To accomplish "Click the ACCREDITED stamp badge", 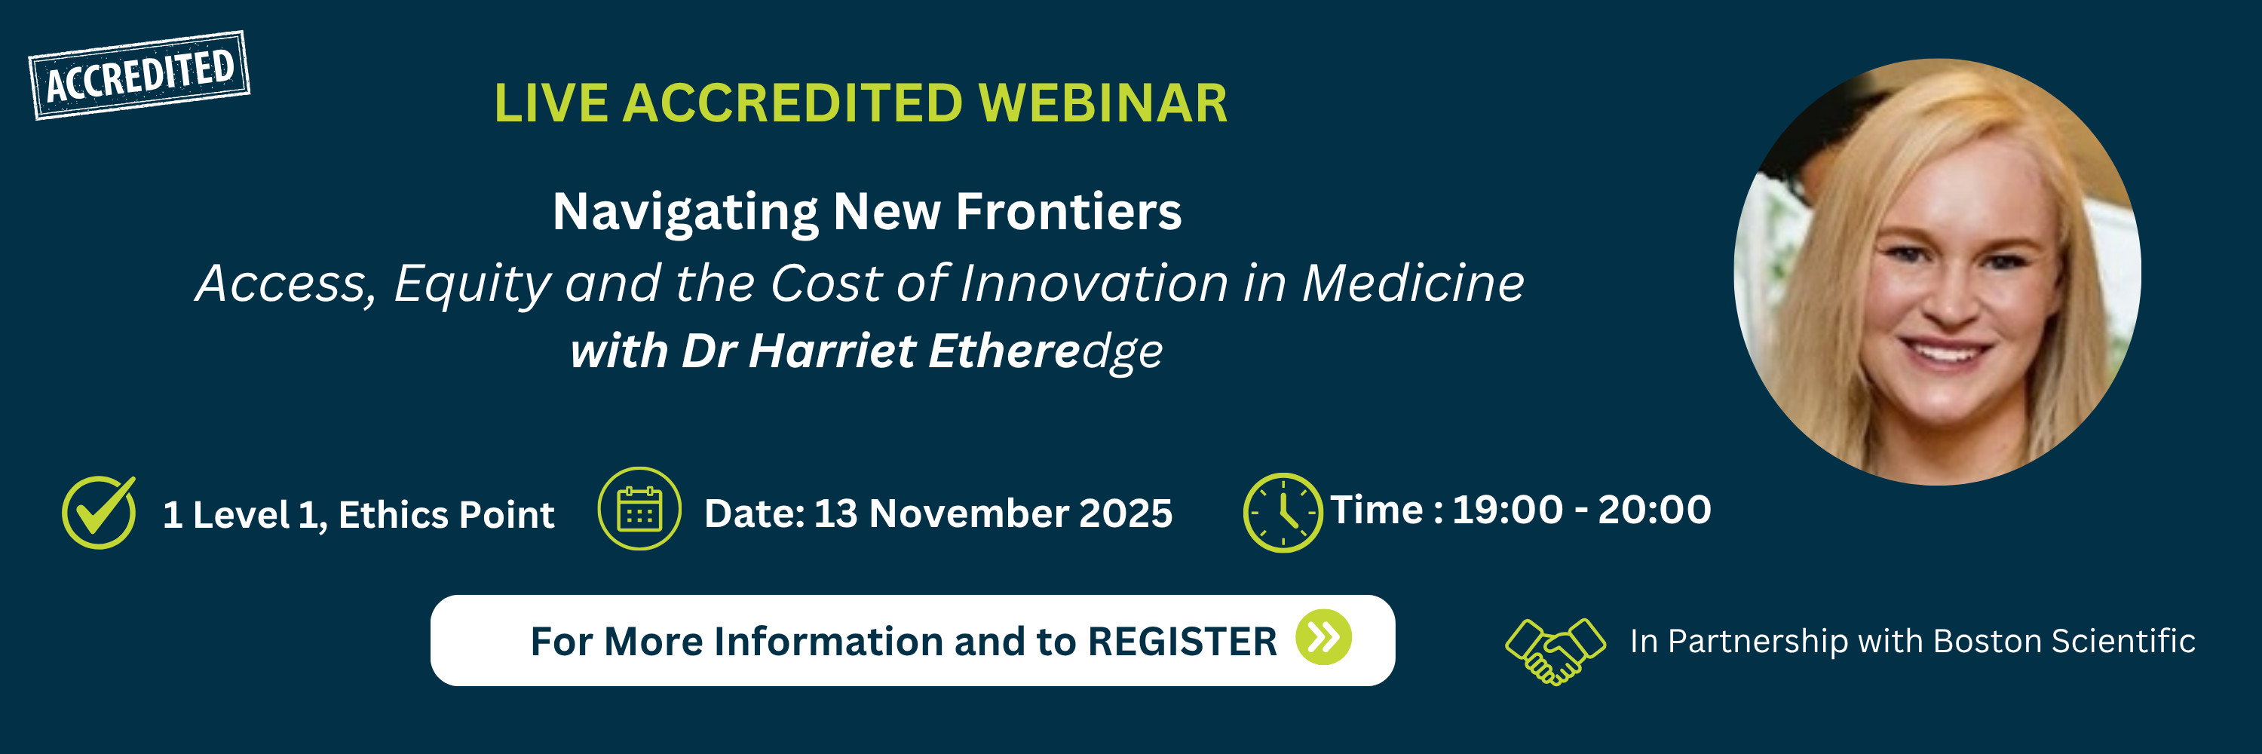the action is coord(139,75).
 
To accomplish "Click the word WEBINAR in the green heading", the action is coord(1102,103).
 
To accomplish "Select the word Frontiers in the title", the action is coord(1068,212).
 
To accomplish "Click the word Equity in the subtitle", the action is coord(471,284).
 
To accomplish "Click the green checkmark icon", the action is coord(100,513).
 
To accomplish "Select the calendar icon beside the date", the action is coord(639,509).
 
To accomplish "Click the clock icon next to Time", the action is coord(1283,513).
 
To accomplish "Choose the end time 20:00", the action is coord(1654,510).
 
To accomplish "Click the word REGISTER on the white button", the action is coord(1182,642).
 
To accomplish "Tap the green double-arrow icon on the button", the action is coord(1323,637).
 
